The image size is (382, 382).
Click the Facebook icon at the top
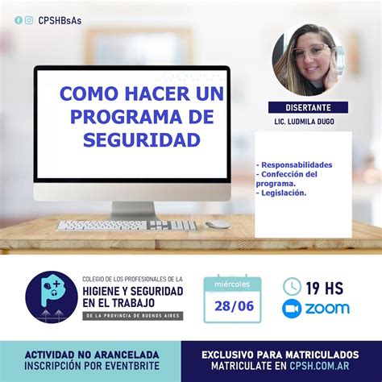tap(19, 20)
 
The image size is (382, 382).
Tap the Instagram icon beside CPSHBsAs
tap(29, 20)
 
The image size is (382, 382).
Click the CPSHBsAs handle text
tap(60, 20)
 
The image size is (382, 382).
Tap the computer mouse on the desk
tap(218, 225)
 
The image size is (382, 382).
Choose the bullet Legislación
tap(283, 193)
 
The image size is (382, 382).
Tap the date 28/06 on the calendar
tap(232, 307)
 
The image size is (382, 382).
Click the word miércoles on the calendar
tap(232, 284)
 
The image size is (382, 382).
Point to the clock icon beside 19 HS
tap(292, 286)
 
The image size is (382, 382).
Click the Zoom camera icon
tap(292, 308)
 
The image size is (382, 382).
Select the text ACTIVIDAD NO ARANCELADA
tap(92, 355)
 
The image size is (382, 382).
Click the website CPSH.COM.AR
tap(316, 367)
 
